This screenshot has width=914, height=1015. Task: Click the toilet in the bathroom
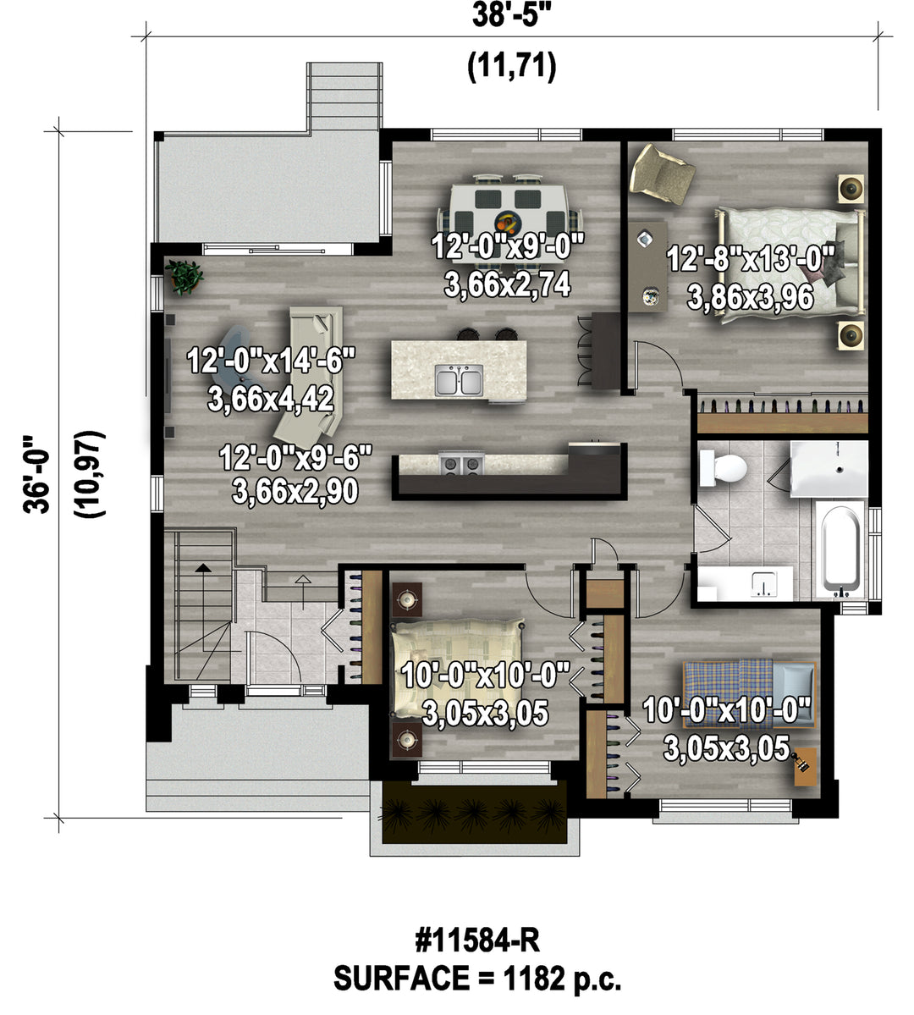click(x=723, y=467)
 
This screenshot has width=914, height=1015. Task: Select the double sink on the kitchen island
click(x=459, y=380)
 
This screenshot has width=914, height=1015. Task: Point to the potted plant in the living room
click(x=184, y=277)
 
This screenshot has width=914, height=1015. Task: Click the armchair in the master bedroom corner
click(x=662, y=174)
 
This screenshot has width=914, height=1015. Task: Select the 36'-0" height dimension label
click(x=36, y=474)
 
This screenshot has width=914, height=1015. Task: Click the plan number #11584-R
click(x=477, y=940)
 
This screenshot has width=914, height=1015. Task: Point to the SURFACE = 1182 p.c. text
click(x=477, y=978)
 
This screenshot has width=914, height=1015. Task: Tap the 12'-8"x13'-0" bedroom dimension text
click(x=751, y=259)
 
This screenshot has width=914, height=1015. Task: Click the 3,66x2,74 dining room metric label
click(x=508, y=284)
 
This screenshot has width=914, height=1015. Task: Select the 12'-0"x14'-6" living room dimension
click(x=271, y=361)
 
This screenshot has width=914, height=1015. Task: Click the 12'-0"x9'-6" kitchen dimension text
click(x=296, y=458)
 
